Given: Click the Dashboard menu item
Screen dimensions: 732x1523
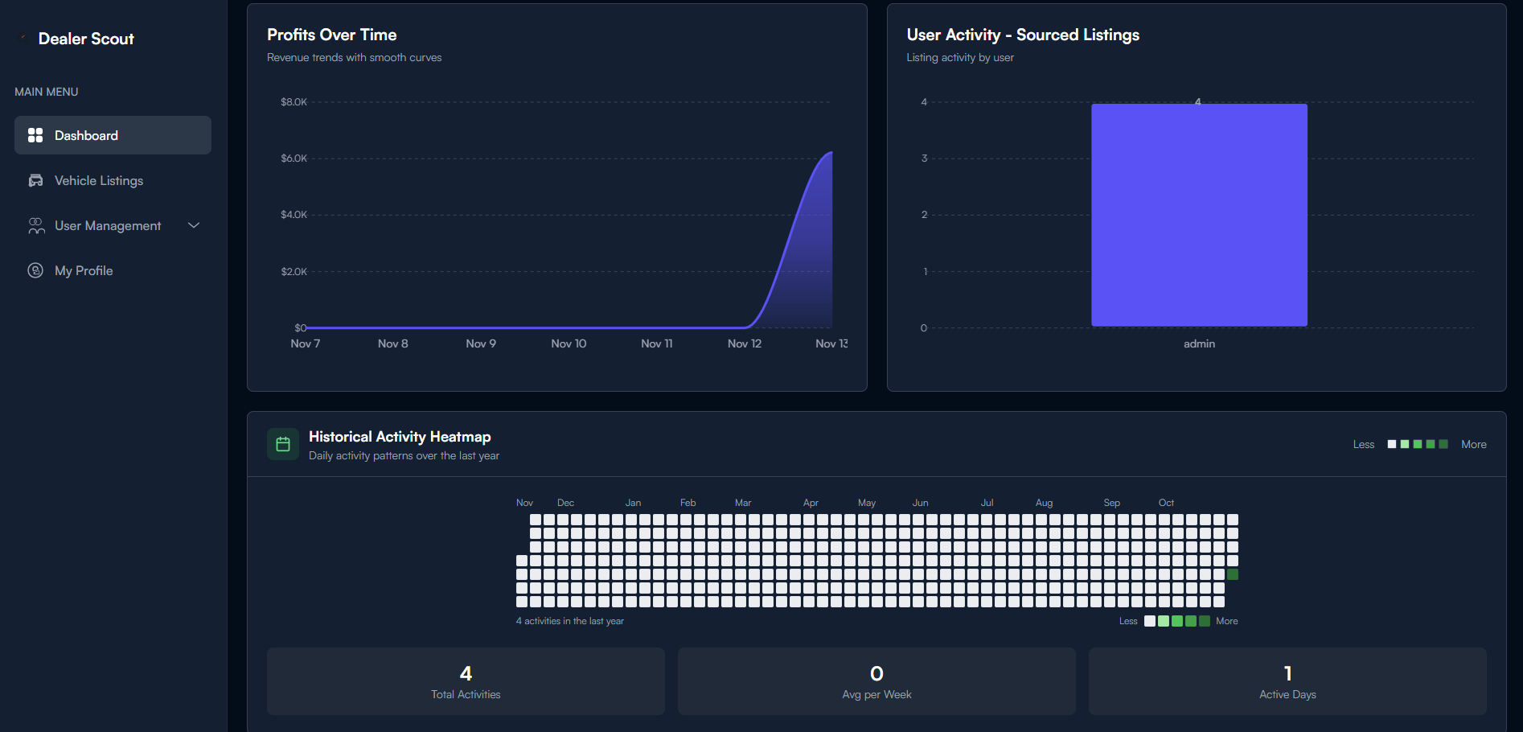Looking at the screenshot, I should [86, 135].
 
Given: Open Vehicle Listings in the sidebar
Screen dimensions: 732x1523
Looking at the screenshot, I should [98, 180].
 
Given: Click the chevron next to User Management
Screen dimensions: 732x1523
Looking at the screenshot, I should [194, 225].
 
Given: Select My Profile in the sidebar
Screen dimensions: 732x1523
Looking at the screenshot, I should [83, 270].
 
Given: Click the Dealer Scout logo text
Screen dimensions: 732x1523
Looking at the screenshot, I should [86, 39].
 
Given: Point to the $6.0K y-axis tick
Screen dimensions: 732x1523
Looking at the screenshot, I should [294, 158].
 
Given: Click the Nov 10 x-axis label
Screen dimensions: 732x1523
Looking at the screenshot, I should [569, 343].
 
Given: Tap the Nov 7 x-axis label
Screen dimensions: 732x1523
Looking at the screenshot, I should [305, 343].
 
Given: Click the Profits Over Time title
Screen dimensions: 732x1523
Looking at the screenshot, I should [331, 35].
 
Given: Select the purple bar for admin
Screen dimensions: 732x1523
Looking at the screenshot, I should [1198, 215].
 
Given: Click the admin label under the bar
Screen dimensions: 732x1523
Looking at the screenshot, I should [1199, 343].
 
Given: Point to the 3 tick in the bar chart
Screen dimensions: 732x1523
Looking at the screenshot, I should [924, 158].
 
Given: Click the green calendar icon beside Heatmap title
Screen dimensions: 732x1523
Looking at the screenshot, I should [283, 444].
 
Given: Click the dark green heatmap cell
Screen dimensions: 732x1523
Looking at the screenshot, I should [1232, 574].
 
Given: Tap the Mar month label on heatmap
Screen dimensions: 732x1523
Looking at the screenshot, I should [743, 503].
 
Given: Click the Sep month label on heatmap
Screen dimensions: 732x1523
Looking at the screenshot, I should [1111, 503].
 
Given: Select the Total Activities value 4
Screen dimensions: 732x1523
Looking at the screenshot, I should [466, 673].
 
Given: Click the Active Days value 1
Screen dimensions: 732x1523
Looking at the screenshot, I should [1287, 673].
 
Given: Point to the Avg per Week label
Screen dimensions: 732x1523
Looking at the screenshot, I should [876, 694].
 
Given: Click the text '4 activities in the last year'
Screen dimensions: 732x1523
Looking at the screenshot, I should [569, 621].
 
